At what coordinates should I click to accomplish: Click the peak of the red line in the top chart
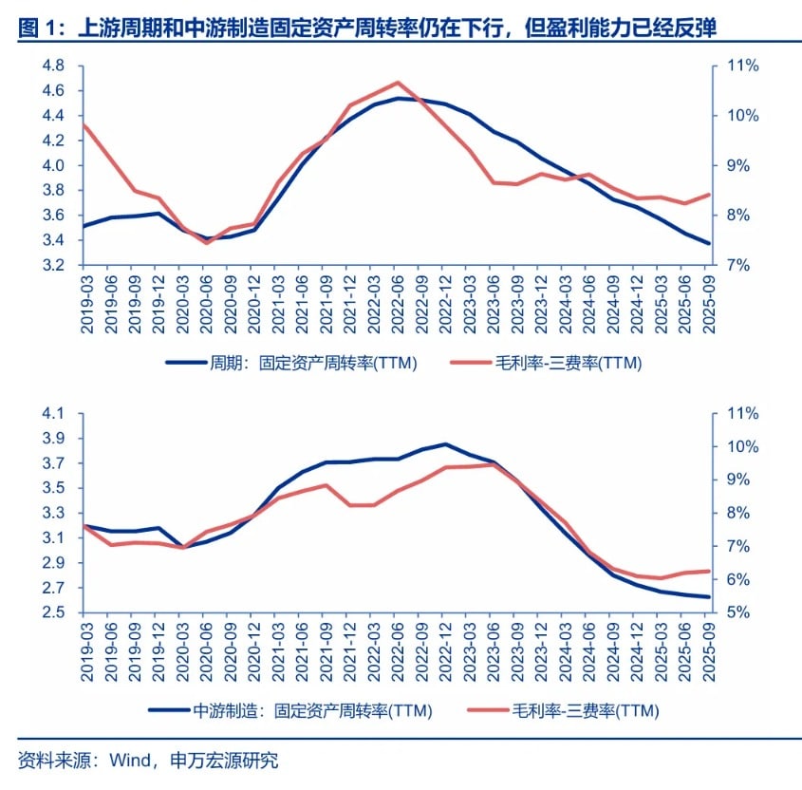coord(397,83)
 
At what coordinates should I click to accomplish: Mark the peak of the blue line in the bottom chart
coord(446,444)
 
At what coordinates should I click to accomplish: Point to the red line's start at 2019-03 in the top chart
coord(84,124)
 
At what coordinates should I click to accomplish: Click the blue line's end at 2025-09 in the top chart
coord(708,243)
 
